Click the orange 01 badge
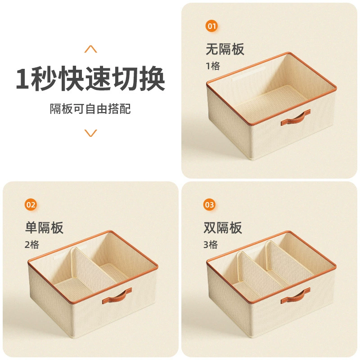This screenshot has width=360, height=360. click(x=211, y=26)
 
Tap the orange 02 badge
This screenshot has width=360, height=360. click(x=31, y=205)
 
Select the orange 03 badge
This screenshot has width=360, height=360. click(x=209, y=205)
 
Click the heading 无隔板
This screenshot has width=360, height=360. click(x=225, y=49)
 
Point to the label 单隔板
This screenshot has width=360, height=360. click(x=44, y=228)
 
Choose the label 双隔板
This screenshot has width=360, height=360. click(x=223, y=228)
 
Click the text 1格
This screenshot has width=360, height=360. click(x=213, y=66)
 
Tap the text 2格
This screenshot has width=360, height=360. click(x=32, y=245)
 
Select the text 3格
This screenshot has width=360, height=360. click(x=211, y=245)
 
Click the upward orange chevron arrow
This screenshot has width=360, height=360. click(x=91, y=49)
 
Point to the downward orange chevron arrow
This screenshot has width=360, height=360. click(x=91, y=133)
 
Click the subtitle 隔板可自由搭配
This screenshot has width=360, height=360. click(x=90, y=109)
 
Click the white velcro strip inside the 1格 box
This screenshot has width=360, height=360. click(x=249, y=73)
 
